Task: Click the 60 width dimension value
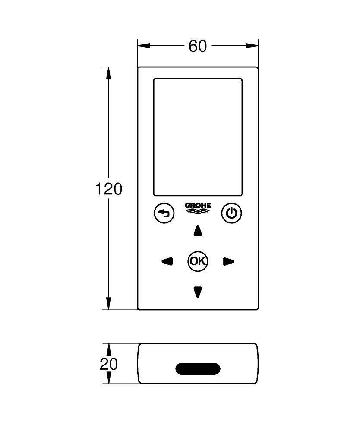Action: [197, 46]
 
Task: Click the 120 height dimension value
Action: [108, 189]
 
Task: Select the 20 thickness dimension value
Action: [108, 364]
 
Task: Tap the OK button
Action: [198, 261]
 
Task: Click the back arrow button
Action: [164, 213]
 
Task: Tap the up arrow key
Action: [198, 231]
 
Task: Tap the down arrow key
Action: [198, 292]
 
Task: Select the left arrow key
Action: [167, 261]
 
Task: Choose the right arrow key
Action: [228, 261]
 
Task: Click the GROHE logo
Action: [198, 208]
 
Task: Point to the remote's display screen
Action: [198, 137]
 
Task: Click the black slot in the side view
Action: [198, 368]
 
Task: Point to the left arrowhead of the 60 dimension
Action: [144, 45]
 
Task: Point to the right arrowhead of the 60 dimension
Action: [252, 45]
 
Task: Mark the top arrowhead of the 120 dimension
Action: [109, 73]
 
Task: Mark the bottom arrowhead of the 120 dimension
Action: [109, 303]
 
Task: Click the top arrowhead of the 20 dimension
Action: [109, 349]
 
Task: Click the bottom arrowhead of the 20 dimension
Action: [109, 377]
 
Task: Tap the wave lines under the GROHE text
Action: [198, 211]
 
